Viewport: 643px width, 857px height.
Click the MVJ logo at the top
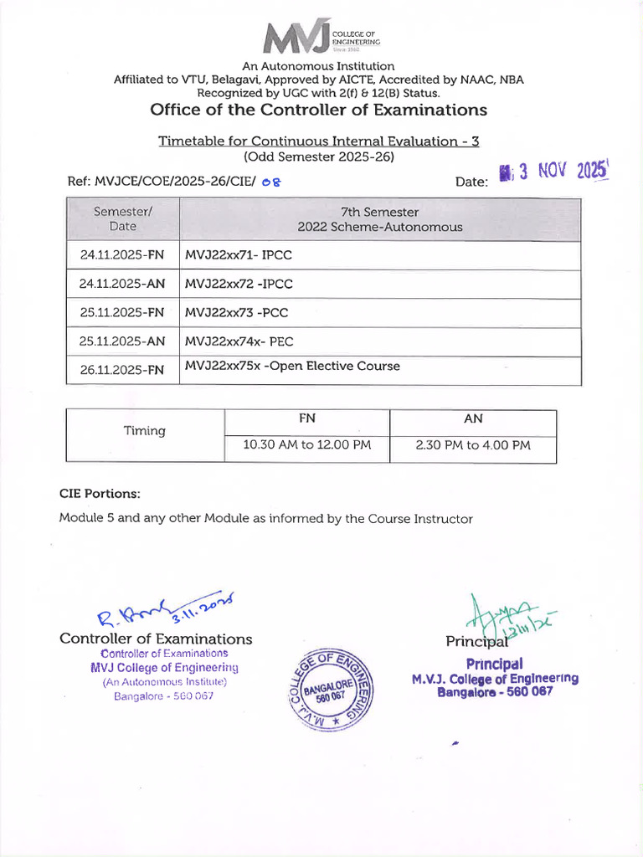coord(321,38)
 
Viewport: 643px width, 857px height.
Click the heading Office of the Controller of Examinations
coord(318,110)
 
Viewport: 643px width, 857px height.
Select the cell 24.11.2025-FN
coord(122,255)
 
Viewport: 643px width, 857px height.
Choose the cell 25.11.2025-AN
coord(122,341)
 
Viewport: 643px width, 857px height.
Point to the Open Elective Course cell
coord(292,367)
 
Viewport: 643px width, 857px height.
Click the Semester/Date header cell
coord(122,219)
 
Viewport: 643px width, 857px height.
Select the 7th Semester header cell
coord(379,219)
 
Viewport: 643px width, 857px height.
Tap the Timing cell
coord(145,431)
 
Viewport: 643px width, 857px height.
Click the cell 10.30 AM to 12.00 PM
coord(306,445)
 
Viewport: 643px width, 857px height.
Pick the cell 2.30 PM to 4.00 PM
coord(473,445)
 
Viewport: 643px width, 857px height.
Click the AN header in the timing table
coord(473,418)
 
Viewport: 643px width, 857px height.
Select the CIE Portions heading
coord(100,493)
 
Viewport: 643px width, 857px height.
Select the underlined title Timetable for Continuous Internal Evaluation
coord(318,141)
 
